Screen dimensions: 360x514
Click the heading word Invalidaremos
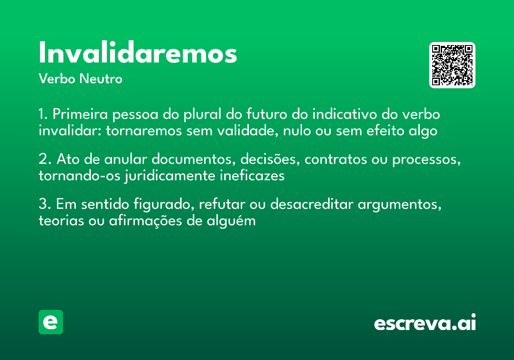(138, 53)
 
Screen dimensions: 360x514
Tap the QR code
(452, 65)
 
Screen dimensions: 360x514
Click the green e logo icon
(51, 322)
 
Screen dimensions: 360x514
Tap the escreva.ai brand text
(425, 323)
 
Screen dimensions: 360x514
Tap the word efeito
(378, 130)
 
